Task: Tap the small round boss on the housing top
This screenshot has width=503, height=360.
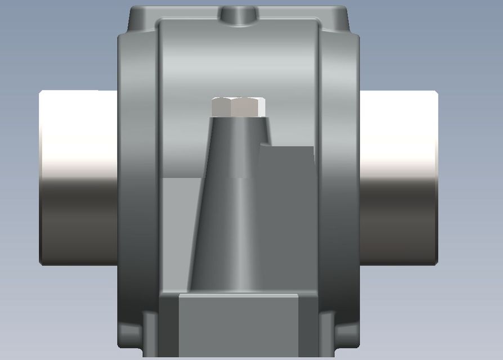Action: pos(239,15)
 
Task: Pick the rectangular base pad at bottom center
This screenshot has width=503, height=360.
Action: pos(239,326)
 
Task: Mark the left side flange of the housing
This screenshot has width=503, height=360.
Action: pos(138,186)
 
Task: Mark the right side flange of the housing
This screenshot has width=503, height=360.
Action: pos(338,186)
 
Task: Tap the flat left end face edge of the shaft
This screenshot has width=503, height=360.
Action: pos(41,177)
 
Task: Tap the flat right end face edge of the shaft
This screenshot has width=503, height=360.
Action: pos(436,177)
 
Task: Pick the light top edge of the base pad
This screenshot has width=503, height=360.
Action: pos(239,294)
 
